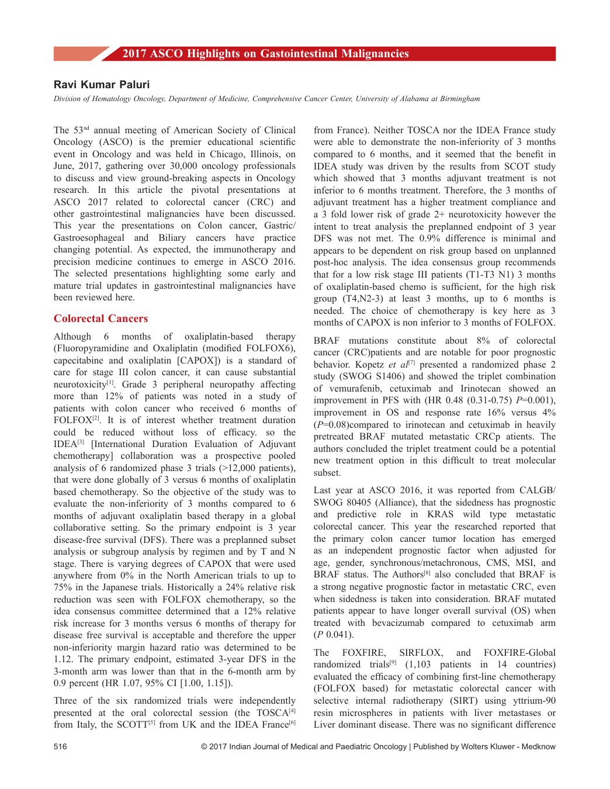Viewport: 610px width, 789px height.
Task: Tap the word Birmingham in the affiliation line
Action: [460, 99]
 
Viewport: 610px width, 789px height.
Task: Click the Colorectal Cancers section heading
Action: [100, 319]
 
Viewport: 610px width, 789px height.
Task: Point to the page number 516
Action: [60, 746]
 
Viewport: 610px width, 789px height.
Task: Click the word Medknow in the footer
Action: [540, 746]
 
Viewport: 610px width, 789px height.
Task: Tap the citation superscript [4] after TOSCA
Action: [292, 711]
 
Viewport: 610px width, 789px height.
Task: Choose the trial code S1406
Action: [398, 376]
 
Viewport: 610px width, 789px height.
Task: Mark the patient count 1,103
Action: [420, 665]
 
